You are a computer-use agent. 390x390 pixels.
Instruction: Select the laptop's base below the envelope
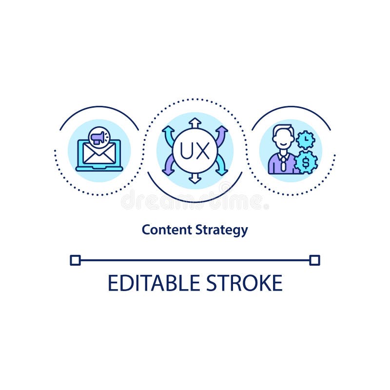(x=99, y=169)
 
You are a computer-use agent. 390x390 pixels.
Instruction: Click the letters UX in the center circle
(x=195, y=151)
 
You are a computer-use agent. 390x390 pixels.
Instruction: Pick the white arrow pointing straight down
(x=195, y=178)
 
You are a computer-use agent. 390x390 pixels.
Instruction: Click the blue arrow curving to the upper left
(x=168, y=134)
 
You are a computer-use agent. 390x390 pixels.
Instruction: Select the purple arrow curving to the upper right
(x=221, y=134)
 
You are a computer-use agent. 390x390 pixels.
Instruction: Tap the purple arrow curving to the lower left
(x=168, y=167)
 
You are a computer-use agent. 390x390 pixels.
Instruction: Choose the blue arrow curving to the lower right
(x=221, y=167)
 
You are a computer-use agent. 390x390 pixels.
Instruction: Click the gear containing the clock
(x=306, y=140)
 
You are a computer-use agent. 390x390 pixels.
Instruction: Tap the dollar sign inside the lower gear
(x=306, y=162)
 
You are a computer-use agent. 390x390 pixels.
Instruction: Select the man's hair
(x=282, y=130)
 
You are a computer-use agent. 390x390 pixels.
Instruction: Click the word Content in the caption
(x=160, y=230)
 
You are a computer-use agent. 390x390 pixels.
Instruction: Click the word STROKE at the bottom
(x=244, y=283)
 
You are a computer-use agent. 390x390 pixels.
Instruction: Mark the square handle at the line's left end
(x=75, y=260)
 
